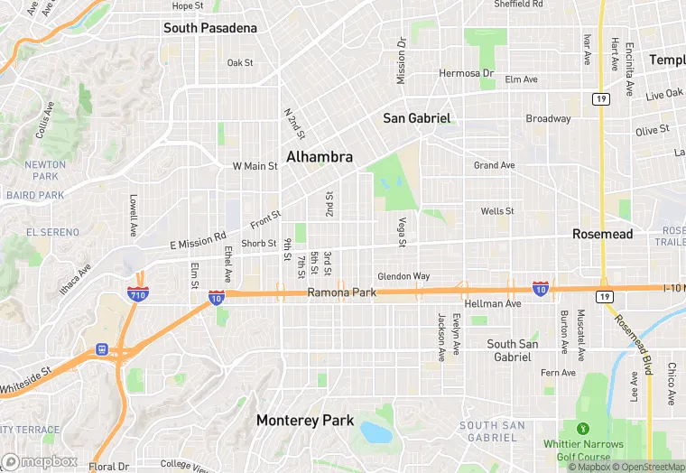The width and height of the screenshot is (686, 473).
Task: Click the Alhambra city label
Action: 320,157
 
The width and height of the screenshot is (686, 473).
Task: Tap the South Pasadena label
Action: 210,28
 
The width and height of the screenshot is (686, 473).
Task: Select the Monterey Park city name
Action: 304,420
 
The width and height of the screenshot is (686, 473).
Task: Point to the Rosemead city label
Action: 603,234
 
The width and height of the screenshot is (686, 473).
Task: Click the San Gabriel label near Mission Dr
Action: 416,118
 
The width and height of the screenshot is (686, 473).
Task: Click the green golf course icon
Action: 583,428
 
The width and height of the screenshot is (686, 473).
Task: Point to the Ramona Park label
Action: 341,292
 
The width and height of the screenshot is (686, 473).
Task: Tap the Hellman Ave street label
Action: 495,304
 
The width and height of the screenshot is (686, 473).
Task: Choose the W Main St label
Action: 255,166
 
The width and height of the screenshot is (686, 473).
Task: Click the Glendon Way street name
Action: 403,276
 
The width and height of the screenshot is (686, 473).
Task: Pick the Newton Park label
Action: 45,170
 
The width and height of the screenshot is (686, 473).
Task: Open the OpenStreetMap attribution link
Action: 649,467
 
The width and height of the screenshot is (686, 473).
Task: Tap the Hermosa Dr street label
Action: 467,73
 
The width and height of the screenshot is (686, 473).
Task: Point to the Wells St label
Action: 497,211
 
